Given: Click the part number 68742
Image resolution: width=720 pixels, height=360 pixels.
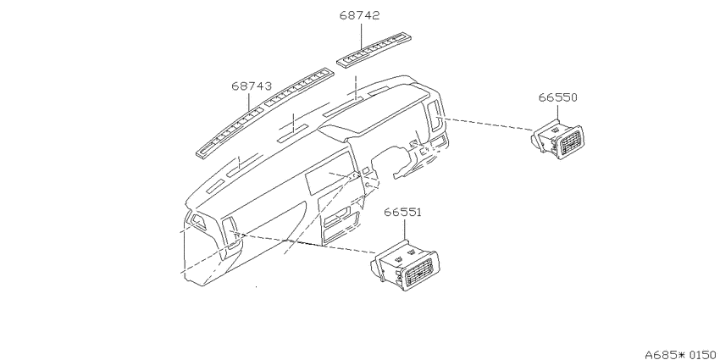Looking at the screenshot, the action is tap(359, 15).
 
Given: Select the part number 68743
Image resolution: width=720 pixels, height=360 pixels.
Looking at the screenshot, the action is tap(252, 86).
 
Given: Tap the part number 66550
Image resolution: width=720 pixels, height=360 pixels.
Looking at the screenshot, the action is tap(557, 97).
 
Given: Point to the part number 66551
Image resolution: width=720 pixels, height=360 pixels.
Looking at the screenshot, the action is tap(402, 212).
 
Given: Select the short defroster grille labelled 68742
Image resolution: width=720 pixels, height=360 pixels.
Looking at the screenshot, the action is tap(374, 49).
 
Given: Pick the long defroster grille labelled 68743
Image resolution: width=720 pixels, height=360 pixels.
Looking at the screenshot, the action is tap(265, 113).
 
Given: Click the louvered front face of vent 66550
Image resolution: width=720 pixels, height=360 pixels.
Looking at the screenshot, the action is tap(568, 143).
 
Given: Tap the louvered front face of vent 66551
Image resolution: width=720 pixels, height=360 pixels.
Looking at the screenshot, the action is tap(418, 271).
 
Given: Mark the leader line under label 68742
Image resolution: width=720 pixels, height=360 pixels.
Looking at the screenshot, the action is tap(361, 36).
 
